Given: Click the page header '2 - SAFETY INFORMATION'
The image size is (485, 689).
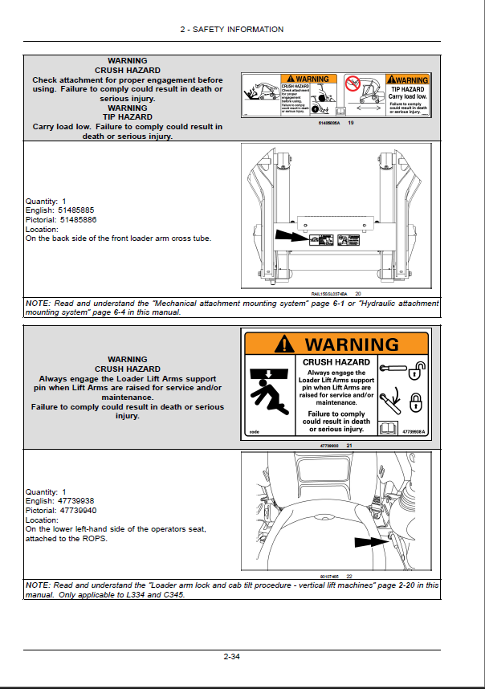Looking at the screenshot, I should (x=232, y=29).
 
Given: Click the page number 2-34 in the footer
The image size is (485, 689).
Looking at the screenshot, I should (x=232, y=658).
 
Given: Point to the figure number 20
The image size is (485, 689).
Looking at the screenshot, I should (x=358, y=294).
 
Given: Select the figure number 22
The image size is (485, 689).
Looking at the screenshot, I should (x=350, y=577).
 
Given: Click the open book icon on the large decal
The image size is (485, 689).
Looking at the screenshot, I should (x=389, y=428).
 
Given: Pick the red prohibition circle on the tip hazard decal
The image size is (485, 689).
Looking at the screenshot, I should (x=351, y=83).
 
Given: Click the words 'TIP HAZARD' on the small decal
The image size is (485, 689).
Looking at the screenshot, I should (x=408, y=88).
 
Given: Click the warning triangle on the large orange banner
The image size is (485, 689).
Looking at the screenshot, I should (x=285, y=344).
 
